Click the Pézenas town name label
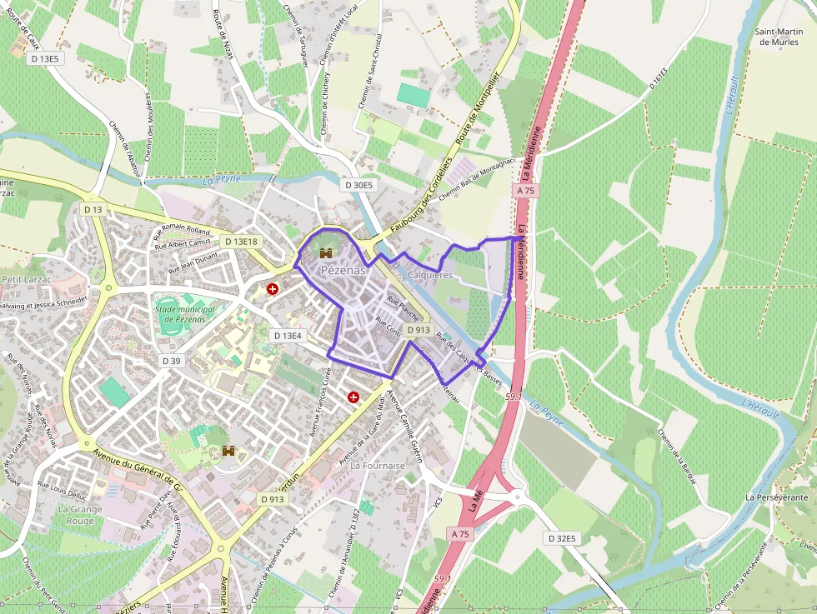pyautogui.click(x=343, y=270)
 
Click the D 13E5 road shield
pyautogui.click(x=44, y=58)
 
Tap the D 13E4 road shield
pyautogui.click(x=288, y=335)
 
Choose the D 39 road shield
pyautogui.click(x=171, y=361)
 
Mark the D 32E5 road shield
pyautogui.click(x=563, y=538)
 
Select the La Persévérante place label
pyautogui.click(x=777, y=497)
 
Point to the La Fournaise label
pyautogui.click(x=378, y=466)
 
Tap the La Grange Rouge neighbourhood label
pyautogui.click(x=80, y=515)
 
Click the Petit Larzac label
pyautogui.click(x=27, y=279)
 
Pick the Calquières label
pyautogui.click(x=429, y=274)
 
